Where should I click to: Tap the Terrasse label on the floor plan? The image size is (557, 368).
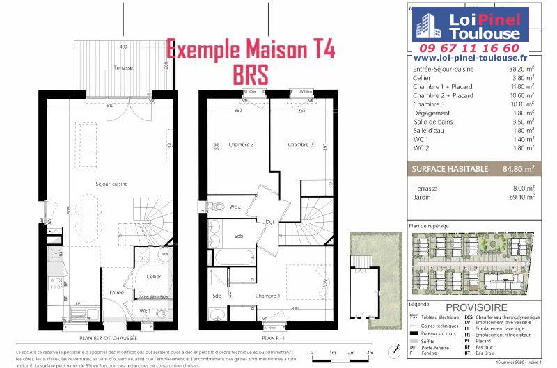tap(124, 67)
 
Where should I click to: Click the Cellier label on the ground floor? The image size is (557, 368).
tap(154, 276)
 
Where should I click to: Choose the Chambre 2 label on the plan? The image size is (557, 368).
tap(300, 145)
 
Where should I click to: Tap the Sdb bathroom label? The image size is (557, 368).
tap(237, 237)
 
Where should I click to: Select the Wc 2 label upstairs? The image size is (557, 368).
tap(235, 207)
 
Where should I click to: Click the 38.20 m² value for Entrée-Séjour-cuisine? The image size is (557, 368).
tap(521, 70)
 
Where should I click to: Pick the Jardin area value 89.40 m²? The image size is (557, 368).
tap(521, 197)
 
